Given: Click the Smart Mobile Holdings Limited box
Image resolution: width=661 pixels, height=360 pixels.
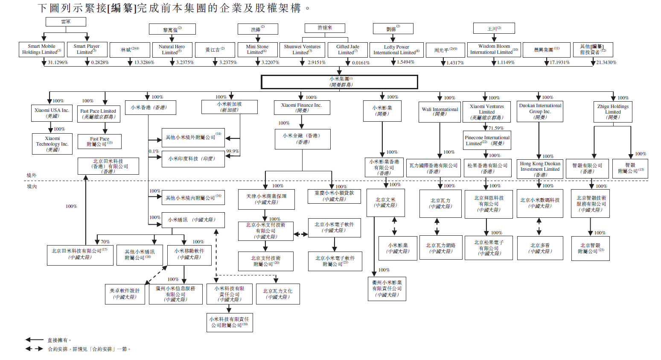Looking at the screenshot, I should pyautogui.click(x=41, y=49).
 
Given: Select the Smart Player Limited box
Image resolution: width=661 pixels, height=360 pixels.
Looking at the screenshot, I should pyautogui.click(x=87, y=49).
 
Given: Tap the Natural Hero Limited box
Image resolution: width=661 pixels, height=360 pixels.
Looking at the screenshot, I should pyautogui.click(x=172, y=50).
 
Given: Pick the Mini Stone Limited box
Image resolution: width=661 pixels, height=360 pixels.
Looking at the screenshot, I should pyautogui.click(x=257, y=50).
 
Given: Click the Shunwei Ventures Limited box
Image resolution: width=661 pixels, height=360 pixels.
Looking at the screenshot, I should pyautogui.click(x=302, y=50).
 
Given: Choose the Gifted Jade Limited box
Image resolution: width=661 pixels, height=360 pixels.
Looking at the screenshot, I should pyautogui.click(x=347, y=50).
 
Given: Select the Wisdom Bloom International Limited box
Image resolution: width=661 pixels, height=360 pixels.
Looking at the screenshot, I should pyautogui.click(x=494, y=49).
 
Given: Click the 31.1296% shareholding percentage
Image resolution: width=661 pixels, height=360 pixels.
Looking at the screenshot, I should pyautogui.click(x=58, y=62).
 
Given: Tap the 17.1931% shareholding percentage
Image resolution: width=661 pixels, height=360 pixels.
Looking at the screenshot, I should pyautogui.click(x=559, y=62).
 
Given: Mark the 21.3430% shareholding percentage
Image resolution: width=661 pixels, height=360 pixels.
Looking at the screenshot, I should pyautogui.click(x=606, y=62).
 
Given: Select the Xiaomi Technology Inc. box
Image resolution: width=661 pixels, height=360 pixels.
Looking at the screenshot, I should pyautogui.click(x=52, y=144).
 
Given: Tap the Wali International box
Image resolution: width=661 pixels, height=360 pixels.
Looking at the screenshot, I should pyautogui.click(x=440, y=112).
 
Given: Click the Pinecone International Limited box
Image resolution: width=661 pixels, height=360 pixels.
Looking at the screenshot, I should pyautogui.click(x=487, y=140).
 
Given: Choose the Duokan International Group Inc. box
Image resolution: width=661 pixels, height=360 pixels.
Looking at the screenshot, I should pyautogui.click(x=540, y=111).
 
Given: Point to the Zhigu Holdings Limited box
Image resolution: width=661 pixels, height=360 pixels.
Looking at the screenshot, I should pyautogui.click(x=612, y=112).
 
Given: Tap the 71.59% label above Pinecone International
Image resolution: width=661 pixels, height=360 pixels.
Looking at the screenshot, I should pyautogui.click(x=496, y=128).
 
